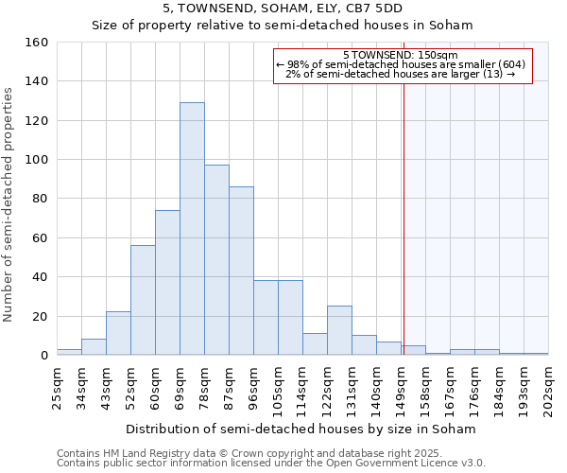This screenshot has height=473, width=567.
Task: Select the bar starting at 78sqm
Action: (216, 260)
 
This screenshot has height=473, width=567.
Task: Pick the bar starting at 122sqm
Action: (339, 330)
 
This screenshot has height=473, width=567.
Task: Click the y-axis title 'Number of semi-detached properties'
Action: (9, 199)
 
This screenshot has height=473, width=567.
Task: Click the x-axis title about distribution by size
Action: (301, 429)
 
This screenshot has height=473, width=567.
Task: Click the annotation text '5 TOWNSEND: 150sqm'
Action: (401, 55)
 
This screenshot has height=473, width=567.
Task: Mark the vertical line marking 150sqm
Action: (404, 218)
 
